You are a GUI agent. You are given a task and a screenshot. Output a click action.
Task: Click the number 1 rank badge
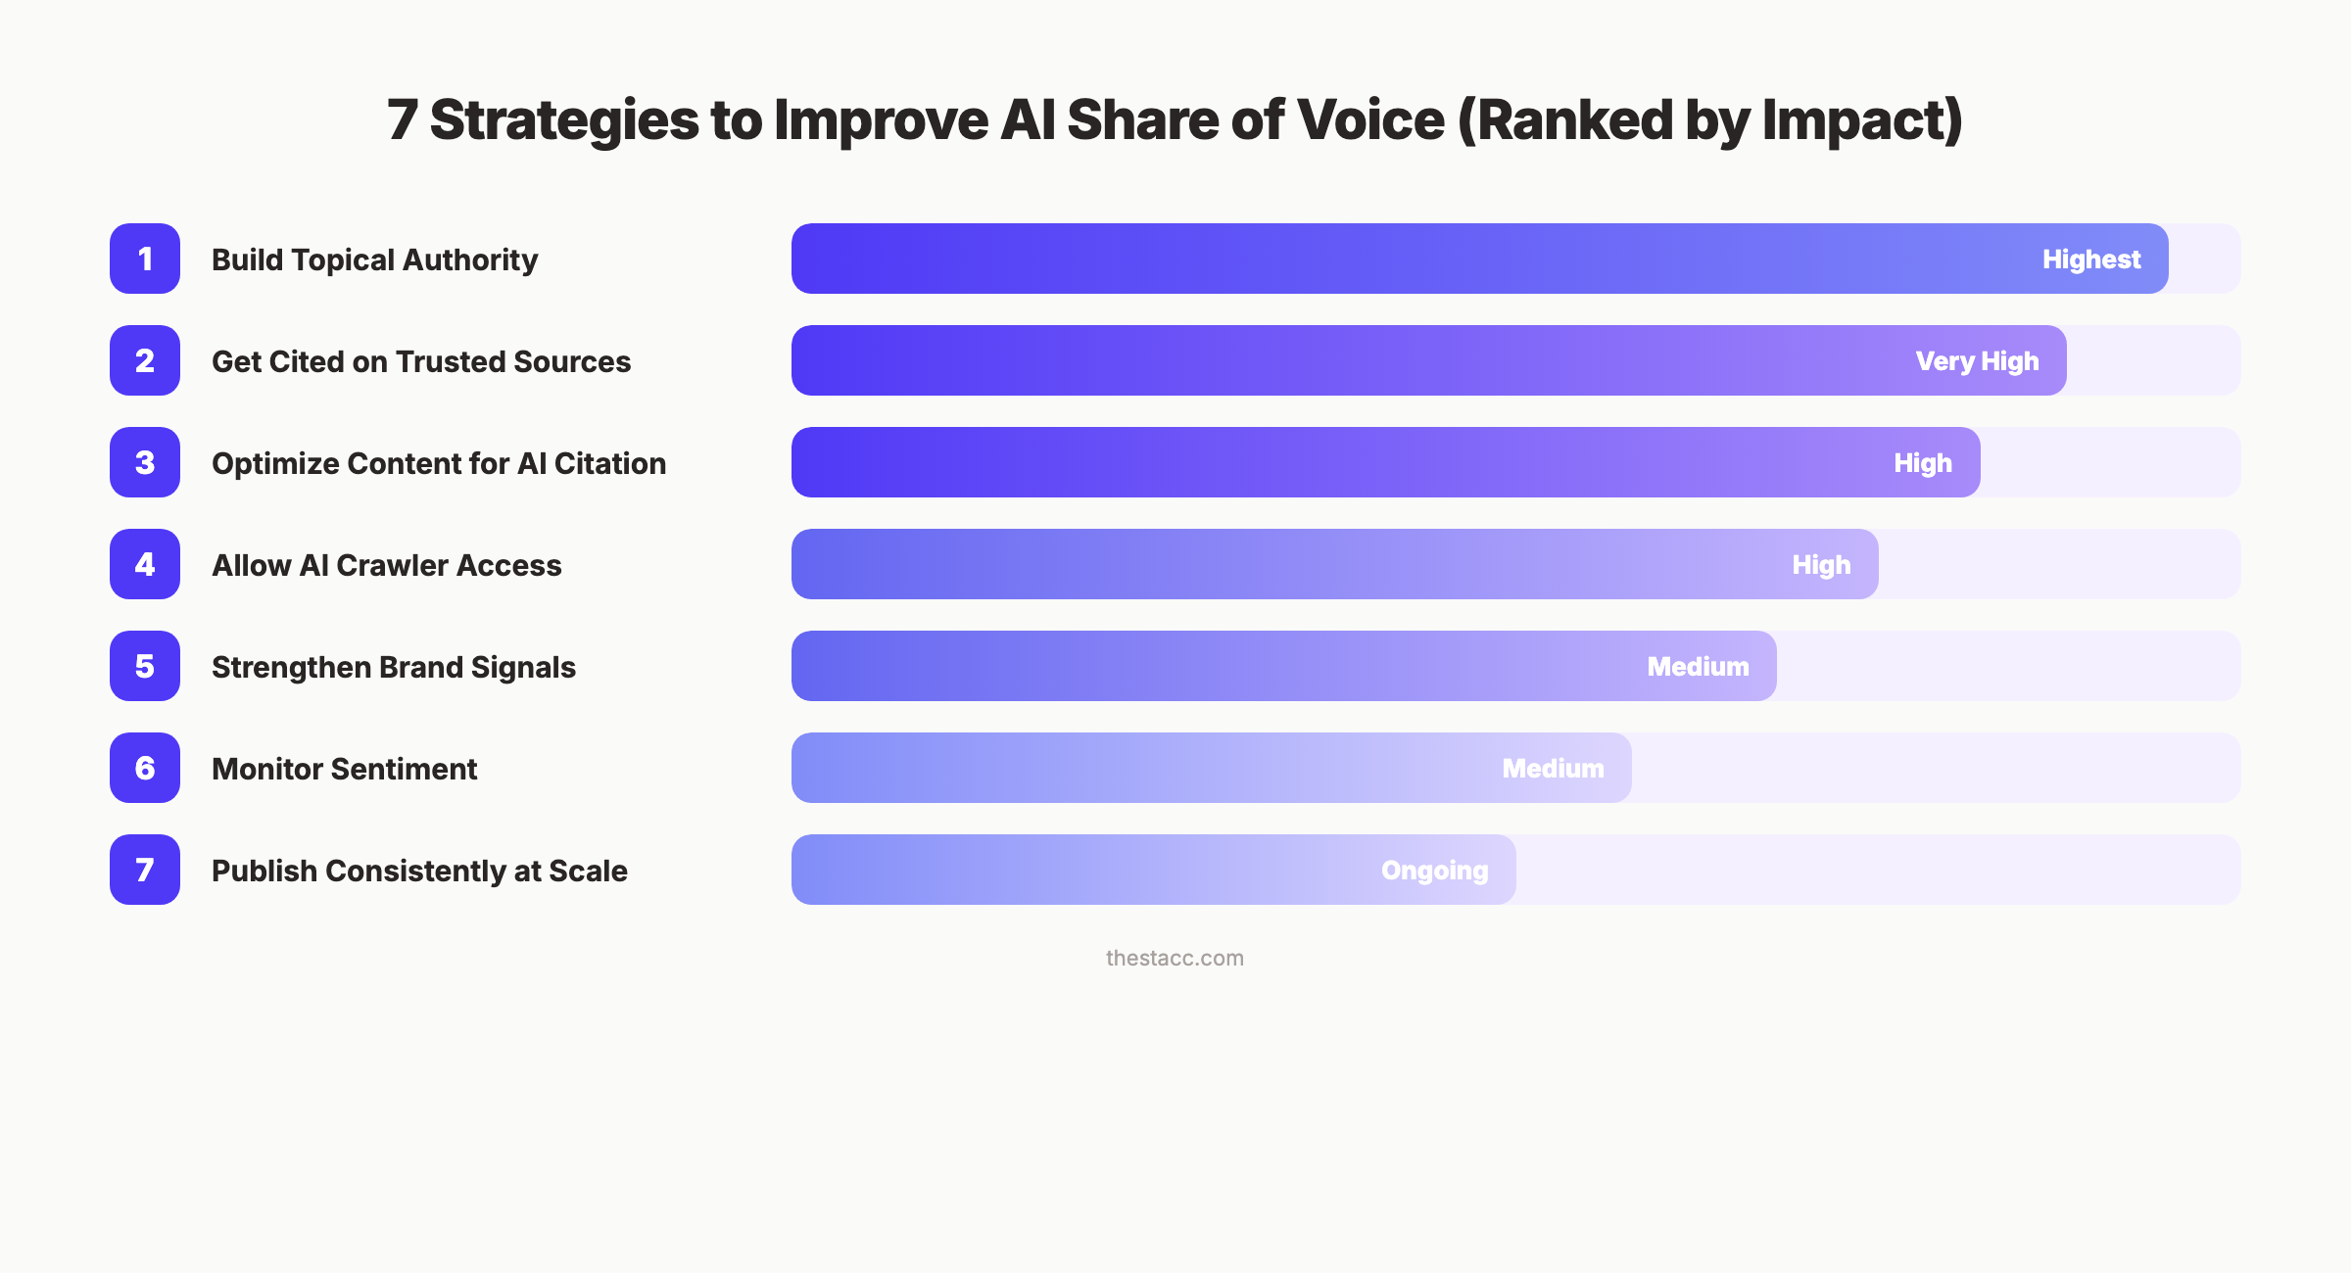pyautogui.click(x=145, y=259)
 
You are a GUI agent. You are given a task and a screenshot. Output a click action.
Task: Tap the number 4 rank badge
pyautogui.click(x=145, y=564)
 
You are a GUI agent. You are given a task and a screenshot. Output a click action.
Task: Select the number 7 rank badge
pyautogui.click(x=145, y=870)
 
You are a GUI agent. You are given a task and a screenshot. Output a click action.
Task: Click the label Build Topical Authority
pyautogui.click(x=374, y=259)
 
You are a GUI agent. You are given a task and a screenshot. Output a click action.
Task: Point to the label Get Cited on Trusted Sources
pyautogui.click(x=421, y=361)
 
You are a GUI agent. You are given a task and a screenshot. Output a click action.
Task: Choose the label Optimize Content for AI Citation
pyautogui.click(x=439, y=463)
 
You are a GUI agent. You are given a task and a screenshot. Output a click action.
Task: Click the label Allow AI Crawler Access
pyautogui.click(x=387, y=565)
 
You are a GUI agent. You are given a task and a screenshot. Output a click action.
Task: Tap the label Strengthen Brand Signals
pyautogui.click(x=394, y=667)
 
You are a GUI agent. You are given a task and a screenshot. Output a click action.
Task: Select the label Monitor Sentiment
pyautogui.click(x=345, y=769)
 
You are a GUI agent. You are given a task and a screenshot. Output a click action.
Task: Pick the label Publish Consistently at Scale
pyautogui.click(x=419, y=871)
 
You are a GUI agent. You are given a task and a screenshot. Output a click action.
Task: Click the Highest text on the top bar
pyautogui.click(x=2091, y=259)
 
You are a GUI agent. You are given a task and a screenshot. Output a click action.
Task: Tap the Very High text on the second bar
pyautogui.click(x=1977, y=361)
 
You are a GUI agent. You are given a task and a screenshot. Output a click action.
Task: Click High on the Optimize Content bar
pyautogui.click(x=1923, y=463)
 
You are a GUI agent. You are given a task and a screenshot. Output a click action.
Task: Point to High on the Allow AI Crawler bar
pyautogui.click(x=1821, y=565)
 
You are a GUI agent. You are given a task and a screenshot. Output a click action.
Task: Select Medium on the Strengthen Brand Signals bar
pyautogui.click(x=1698, y=667)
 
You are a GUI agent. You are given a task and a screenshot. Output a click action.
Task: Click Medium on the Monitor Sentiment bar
pyautogui.click(x=1553, y=769)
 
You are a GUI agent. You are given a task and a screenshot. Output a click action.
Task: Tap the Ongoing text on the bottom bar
pyautogui.click(x=1434, y=871)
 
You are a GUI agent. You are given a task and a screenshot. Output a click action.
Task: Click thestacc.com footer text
pyautogui.click(x=1175, y=958)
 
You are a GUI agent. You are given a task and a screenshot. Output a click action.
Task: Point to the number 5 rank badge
pyautogui.click(x=145, y=666)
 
